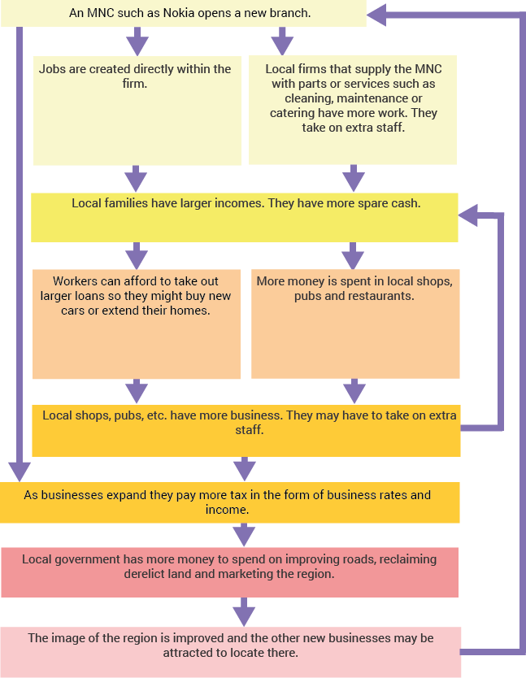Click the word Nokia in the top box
(x=178, y=13)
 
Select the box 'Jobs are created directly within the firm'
(x=137, y=111)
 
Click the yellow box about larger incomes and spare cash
(x=245, y=218)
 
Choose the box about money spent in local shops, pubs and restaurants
(x=355, y=324)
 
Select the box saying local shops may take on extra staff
(x=246, y=431)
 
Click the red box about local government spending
(x=230, y=572)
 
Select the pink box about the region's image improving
(x=231, y=652)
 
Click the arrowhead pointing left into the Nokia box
(x=376, y=15)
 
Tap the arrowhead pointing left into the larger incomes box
(x=467, y=215)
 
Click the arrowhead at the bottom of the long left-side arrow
(x=19, y=472)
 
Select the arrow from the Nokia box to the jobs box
(x=137, y=41)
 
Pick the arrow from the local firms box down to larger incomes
(x=354, y=178)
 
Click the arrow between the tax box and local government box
(x=244, y=535)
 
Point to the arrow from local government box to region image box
(x=244, y=612)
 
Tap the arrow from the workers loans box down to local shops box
(x=137, y=391)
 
